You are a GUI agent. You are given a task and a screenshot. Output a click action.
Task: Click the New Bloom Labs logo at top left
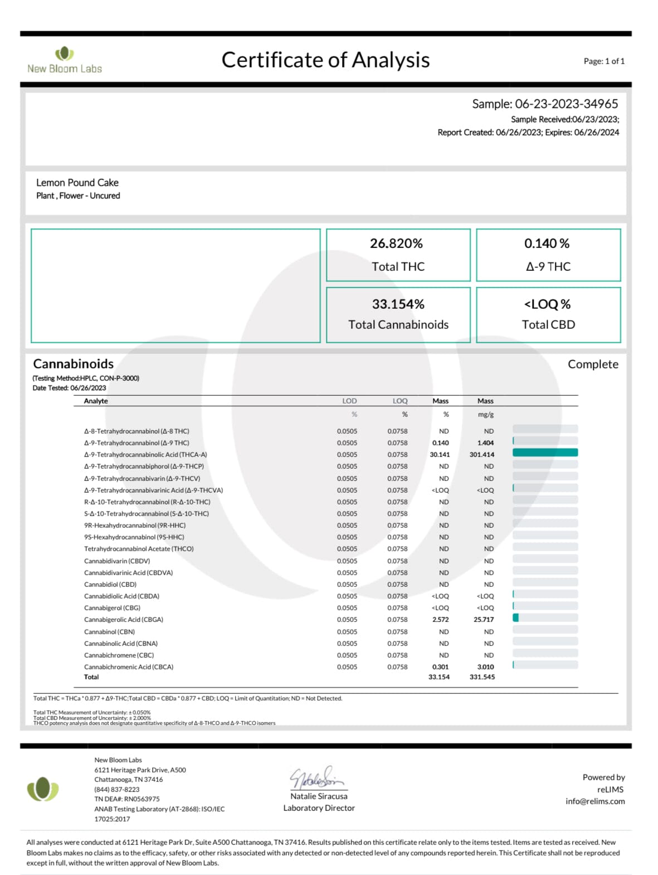[65, 60]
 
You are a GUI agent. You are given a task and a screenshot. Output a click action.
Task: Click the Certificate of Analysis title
[325, 60]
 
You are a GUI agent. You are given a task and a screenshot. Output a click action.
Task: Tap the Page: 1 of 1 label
[604, 61]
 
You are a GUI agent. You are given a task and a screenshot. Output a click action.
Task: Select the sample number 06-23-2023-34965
[566, 104]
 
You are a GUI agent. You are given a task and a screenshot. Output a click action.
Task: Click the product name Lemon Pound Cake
[77, 183]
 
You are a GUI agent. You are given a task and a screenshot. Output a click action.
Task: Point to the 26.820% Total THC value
[396, 244]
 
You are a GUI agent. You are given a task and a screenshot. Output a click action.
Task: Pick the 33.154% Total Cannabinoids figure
[398, 304]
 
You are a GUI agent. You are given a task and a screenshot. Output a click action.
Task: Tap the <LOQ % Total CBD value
[547, 304]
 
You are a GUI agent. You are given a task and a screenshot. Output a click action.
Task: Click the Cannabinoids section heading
[73, 364]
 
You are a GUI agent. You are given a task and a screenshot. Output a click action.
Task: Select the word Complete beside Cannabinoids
[593, 364]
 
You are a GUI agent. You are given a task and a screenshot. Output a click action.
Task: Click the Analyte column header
[96, 401]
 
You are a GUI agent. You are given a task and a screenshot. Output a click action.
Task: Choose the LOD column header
[349, 401]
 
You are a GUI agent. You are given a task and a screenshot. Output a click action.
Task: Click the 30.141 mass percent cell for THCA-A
[440, 455]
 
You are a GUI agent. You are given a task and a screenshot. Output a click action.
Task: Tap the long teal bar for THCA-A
[545, 453]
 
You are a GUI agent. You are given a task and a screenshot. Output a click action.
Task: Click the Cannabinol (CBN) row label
[109, 631]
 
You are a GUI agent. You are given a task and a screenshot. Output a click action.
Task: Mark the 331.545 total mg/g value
[482, 677]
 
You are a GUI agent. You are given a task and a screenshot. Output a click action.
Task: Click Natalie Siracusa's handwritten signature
[317, 777]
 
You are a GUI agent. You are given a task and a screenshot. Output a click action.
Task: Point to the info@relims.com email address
[595, 801]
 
